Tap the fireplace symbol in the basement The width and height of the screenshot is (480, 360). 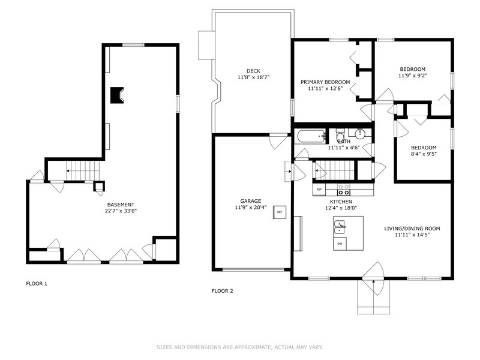[x=118, y=95]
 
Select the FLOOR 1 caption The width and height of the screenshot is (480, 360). [x=37, y=283]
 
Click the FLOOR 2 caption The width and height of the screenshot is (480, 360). [x=222, y=291]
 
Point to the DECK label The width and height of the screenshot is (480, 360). [x=253, y=71]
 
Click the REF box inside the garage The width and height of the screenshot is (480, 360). [x=280, y=212]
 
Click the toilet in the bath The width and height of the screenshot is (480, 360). [x=340, y=136]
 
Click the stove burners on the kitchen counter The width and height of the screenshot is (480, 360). [x=344, y=190]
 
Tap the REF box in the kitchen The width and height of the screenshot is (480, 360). [x=319, y=190]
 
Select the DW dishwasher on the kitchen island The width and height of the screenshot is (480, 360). [x=340, y=243]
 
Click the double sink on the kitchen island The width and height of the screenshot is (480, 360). [x=340, y=227]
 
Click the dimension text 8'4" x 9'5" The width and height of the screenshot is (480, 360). [x=423, y=154]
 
